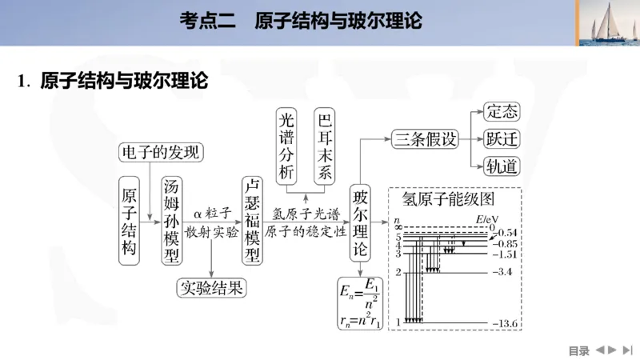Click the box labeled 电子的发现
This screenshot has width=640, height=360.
tap(161, 152)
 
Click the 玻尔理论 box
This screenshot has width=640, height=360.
tap(361, 223)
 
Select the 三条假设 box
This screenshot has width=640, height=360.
tap(425, 139)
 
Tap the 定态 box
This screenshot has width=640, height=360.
tap(502, 112)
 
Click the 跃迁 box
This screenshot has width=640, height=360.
tap(502, 139)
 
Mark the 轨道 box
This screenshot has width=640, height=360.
tap(502, 166)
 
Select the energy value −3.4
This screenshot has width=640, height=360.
tap(506, 273)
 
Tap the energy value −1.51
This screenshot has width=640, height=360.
tap(506, 254)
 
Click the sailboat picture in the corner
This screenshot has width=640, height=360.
tap(606, 24)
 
